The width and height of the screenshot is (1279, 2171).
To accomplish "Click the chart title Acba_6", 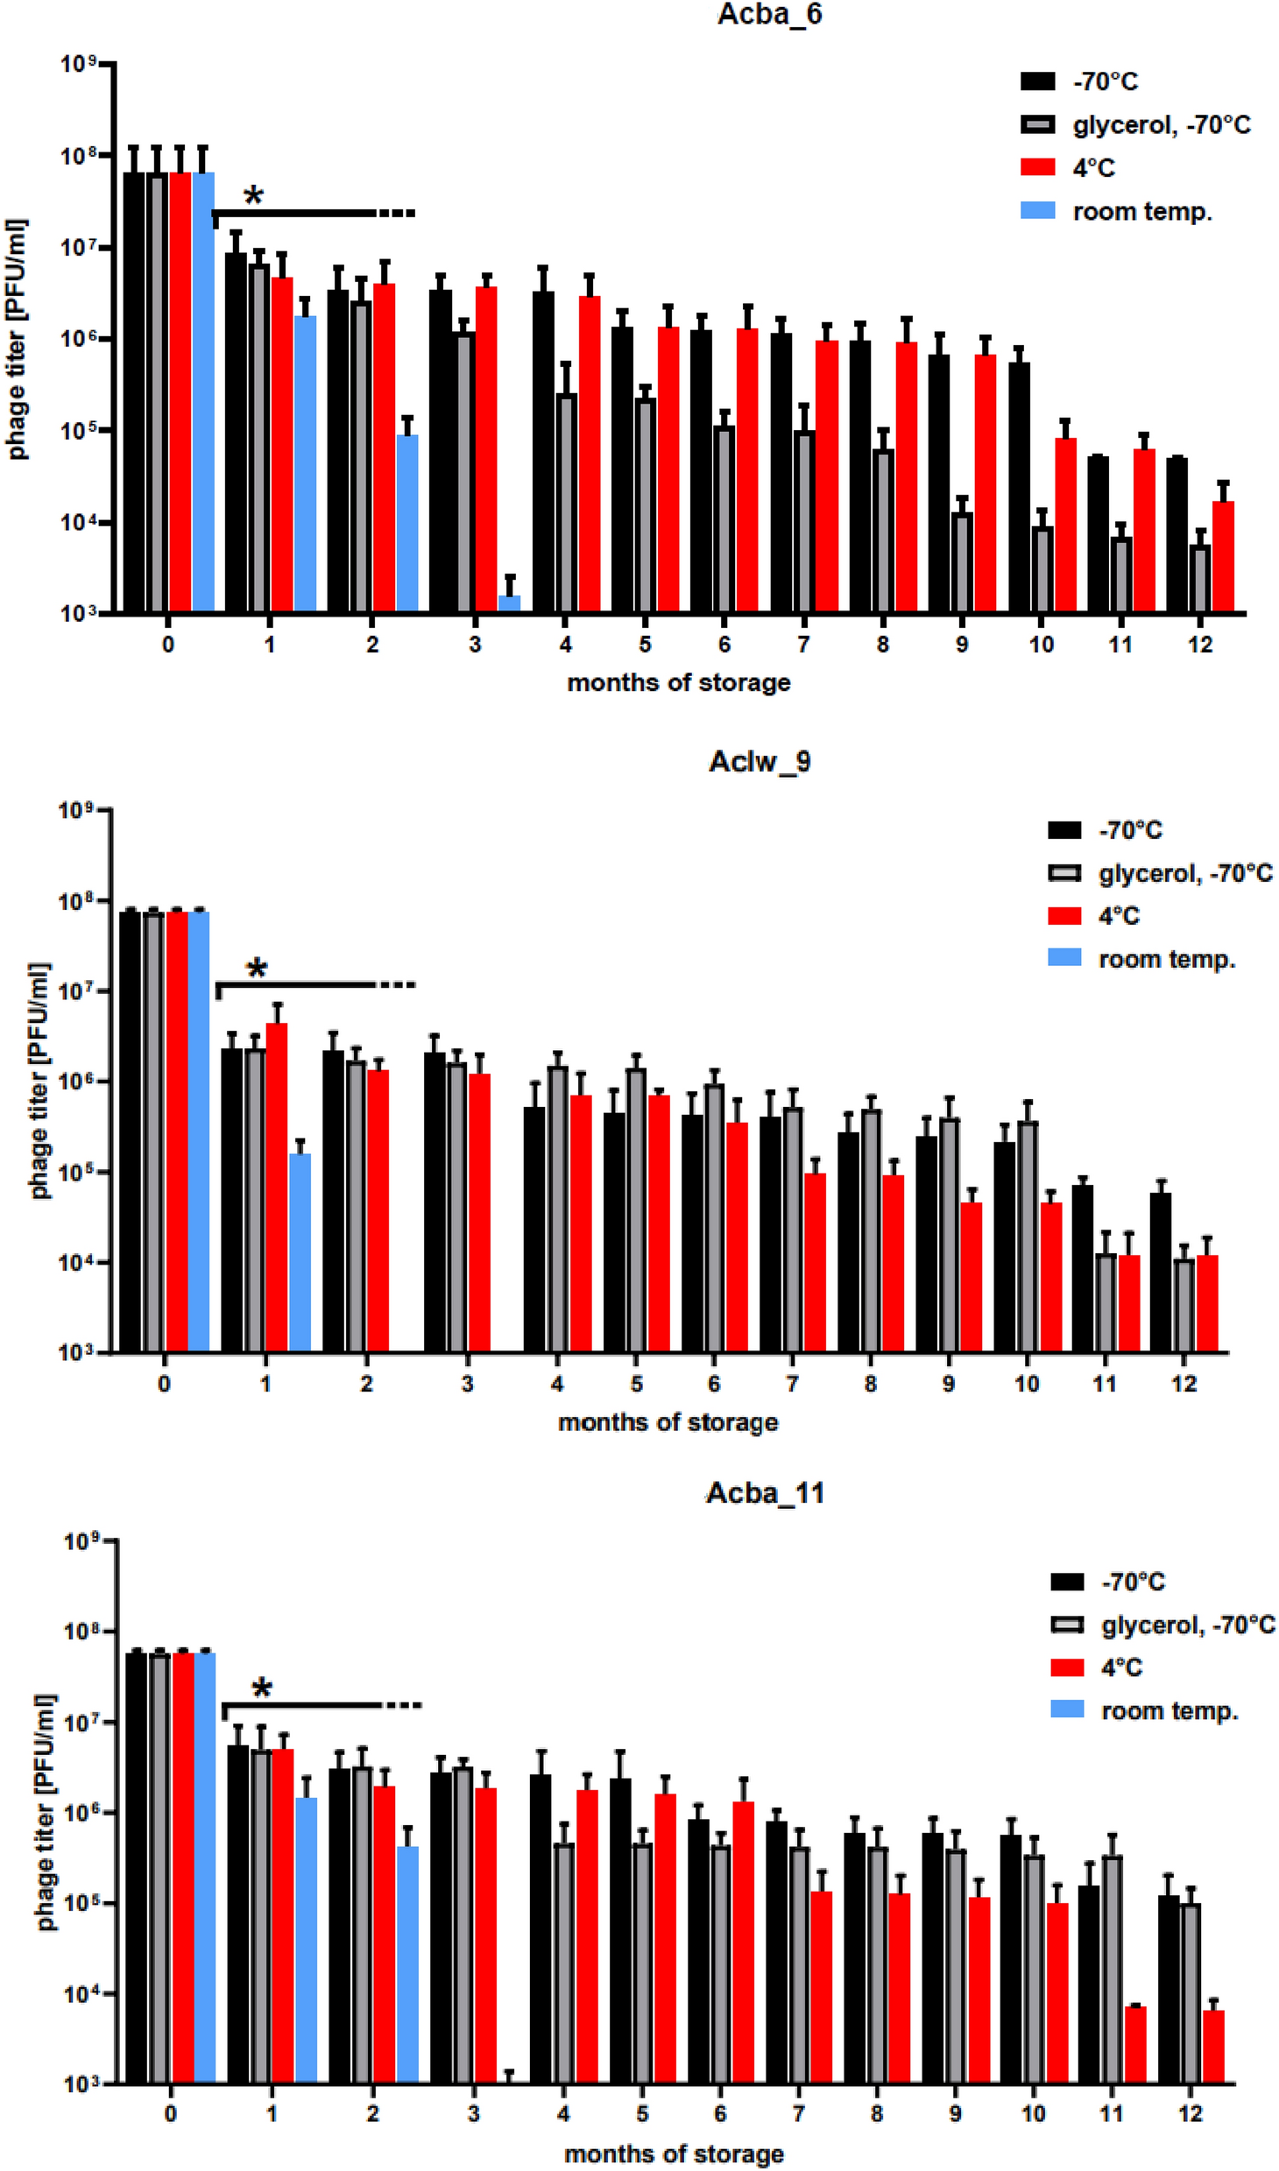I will pos(769,15).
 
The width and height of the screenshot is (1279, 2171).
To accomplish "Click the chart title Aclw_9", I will pos(760,761).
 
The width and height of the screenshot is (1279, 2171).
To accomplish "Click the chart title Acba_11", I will pos(765,1492).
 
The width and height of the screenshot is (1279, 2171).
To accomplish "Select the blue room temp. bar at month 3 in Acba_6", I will pos(509,603).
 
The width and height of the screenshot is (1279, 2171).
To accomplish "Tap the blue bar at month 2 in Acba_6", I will pos(406,523).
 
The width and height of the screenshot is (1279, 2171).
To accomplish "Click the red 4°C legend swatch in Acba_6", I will pos(1037,167).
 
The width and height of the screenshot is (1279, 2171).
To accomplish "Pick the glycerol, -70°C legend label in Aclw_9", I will pos(1184,873).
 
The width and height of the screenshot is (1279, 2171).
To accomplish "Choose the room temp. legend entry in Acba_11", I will pos(1169,1710).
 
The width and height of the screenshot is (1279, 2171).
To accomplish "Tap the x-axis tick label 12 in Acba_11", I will pos(1190,2113).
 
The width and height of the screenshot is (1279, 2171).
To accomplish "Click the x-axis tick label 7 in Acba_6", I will pos(802,645).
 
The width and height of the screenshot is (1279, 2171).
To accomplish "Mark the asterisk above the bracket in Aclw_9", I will pos(256,968).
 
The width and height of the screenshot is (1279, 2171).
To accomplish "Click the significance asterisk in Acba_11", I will pos(261,1688).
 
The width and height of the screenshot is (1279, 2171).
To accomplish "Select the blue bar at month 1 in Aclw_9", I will pos(300,1252).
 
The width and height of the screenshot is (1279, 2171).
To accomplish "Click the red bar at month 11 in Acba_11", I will pos(1134,2044).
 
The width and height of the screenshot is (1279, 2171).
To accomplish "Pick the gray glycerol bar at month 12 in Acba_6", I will pos(1199,578).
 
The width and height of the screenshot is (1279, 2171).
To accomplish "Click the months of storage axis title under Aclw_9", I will pos(668,1421).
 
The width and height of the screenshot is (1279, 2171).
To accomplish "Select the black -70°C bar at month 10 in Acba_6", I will pos(1018,486).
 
